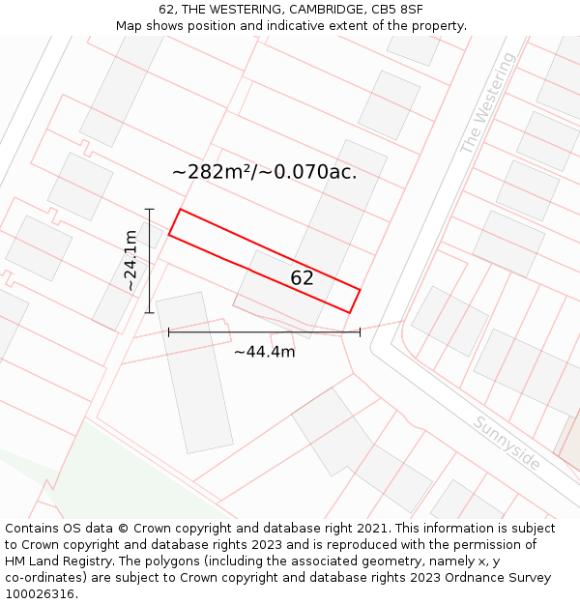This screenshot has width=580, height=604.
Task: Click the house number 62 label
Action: point(302,278)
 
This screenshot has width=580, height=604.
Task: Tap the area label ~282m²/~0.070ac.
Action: point(264,172)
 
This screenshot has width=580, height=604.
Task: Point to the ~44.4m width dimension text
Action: point(264,352)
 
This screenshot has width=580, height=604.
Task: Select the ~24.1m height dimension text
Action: point(130,261)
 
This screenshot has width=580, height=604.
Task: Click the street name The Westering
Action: point(488,104)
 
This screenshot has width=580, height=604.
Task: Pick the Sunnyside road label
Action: point(507,444)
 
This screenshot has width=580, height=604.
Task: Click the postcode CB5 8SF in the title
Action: point(397,10)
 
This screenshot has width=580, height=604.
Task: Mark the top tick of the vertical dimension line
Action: point(150,209)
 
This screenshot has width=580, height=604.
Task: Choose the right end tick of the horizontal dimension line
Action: point(360,331)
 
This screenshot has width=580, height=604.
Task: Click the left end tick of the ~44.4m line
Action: point(168,331)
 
